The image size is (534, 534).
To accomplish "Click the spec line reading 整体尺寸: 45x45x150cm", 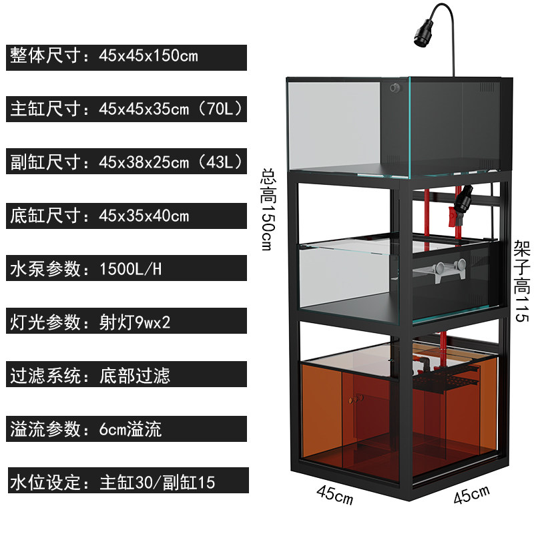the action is click(x=104, y=55).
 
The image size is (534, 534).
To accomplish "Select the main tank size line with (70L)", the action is click(x=126, y=109).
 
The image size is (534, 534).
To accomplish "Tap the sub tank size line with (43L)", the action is click(x=126, y=162).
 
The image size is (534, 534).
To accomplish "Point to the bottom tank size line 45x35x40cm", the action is click(x=99, y=216).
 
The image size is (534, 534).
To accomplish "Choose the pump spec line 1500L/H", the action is click(x=86, y=269).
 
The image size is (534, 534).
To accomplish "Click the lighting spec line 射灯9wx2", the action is click(x=90, y=322).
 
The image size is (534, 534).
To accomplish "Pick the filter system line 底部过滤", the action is click(x=90, y=375).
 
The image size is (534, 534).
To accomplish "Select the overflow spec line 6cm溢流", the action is click(x=85, y=429).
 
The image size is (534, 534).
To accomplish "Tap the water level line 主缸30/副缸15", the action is click(x=112, y=482).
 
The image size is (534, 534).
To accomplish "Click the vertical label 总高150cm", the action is click(x=269, y=210).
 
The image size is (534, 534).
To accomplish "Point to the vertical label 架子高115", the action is click(x=522, y=281).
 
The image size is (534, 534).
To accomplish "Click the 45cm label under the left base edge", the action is click(x=335, y=495).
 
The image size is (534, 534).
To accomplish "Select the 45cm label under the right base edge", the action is click(x=472, y=495).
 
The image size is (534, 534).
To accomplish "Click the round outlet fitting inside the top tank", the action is click(x=395, y=88).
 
